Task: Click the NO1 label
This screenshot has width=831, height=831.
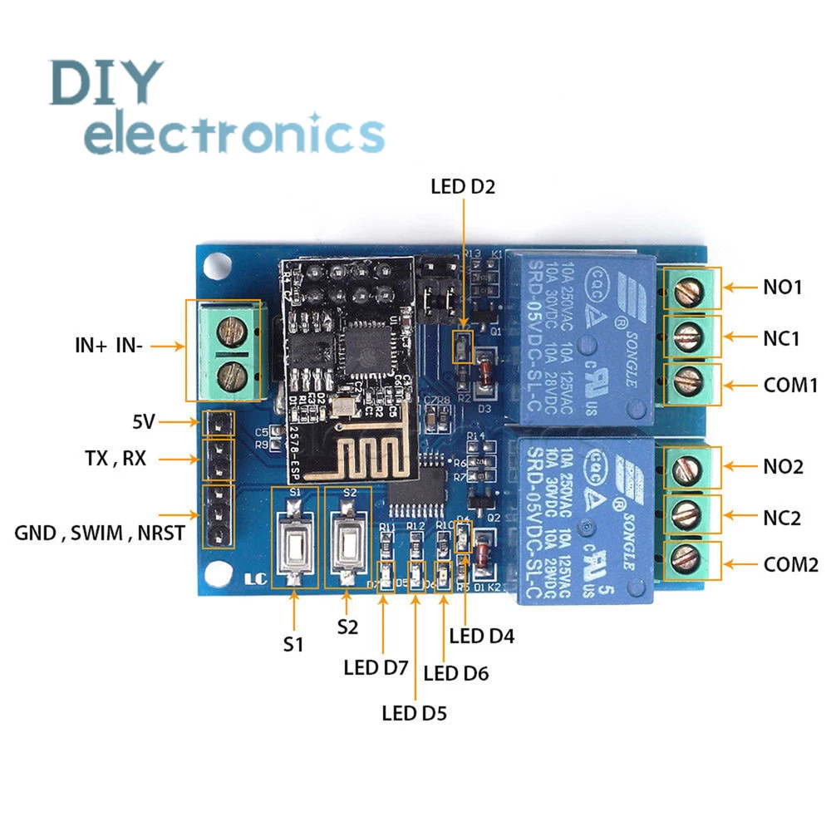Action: click(783, 288)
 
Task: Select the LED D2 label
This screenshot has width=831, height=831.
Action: click(462, 186)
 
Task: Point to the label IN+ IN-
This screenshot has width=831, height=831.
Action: click(109, 347)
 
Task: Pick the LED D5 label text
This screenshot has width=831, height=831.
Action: click(414, 712)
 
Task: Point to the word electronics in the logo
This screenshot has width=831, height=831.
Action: click(235, 133)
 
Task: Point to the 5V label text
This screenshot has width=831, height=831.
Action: click(143, 422)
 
